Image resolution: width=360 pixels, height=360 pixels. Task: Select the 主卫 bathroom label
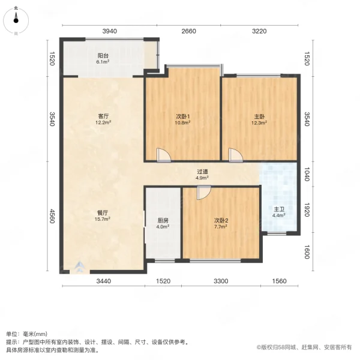pyautogui.click(x=279, y=211)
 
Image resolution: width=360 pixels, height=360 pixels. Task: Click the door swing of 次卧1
pyautogui.click(x=163, y=155)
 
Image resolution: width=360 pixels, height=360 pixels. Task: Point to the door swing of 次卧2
pyautogui.click(x=203, y=193)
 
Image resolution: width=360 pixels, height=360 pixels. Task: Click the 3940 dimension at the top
pyautogui.click(x=109, y=31)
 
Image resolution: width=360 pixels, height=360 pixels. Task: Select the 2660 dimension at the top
pyautogui.click(x=188, y=31)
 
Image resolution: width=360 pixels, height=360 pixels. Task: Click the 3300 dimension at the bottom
pyautogui.click(x=221, y=281)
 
